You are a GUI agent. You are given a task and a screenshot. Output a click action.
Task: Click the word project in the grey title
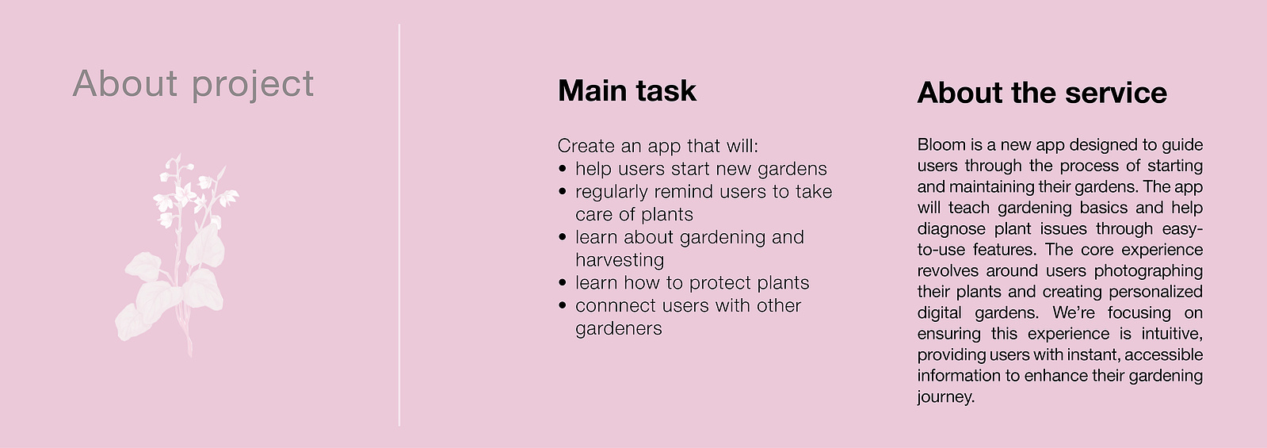(x=252, y=85)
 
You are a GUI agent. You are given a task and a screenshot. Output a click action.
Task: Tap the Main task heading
(x=627, y=90)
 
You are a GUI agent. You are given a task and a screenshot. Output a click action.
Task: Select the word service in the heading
(x=1116, y=93)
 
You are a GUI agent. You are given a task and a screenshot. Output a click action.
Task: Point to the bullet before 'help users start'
(x=563, y=169)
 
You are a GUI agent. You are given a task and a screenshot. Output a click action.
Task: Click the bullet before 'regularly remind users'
(x=563, y=191)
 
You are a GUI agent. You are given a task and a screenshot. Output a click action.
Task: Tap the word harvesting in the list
(x=620, y=261)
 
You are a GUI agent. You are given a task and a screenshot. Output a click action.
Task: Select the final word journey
(x=946, y=397)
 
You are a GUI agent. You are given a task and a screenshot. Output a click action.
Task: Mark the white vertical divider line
(x=399, y=225)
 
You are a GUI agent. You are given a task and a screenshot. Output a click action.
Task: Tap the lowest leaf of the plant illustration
(x=133, y=322)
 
